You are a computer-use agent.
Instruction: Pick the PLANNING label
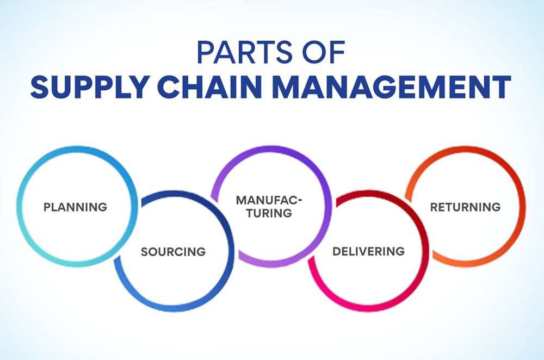[x=75, y=207]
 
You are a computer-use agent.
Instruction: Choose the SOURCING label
[x=173, y=252]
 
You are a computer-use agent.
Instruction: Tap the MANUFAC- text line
[x=269, y=200]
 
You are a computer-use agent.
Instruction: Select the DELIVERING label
[x=369, y=251]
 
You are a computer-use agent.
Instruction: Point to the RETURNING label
[x=465, y=207]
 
